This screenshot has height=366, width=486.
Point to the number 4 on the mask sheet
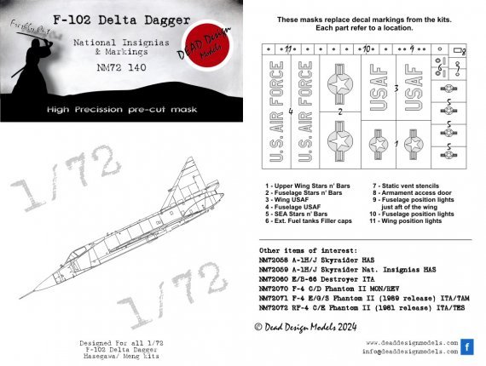pos(291,111)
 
